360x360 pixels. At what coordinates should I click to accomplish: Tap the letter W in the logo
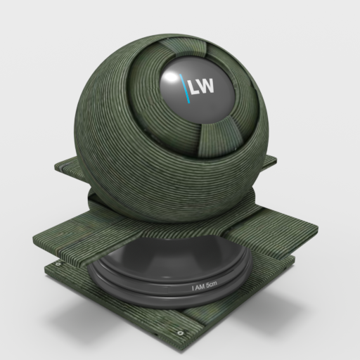pos(206,86)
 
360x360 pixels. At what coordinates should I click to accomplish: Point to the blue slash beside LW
pos(185,89)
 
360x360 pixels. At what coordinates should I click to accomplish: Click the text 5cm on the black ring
pos(211,284)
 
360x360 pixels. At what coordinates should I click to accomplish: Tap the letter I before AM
pos(193,288)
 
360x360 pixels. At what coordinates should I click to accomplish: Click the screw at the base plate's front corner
pos(180,333)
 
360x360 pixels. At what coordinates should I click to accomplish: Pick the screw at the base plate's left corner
pos(58,264)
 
